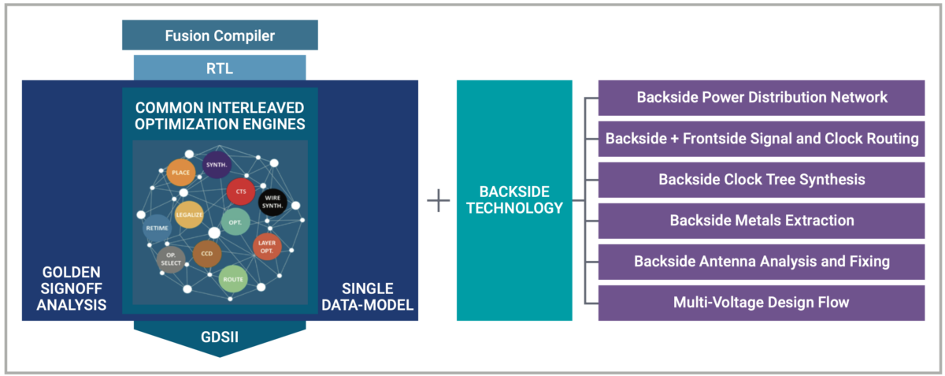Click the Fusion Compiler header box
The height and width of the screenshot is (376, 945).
click(x=220, y=35)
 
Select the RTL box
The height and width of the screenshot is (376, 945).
click(x=220, y=68)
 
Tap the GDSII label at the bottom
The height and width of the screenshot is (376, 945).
click(x=220, y=337)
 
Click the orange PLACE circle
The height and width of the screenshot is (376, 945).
click(x=180, y=171)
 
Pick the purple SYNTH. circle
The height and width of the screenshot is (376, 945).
click(x=217, y=165)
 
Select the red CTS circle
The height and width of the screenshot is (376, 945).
click(x=240, y=192)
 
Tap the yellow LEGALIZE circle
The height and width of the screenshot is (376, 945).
click(x=189, y=214)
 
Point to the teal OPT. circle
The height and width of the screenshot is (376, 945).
click(x=235, y=222)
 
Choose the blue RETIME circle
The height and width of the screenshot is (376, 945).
click(x=157, y=228)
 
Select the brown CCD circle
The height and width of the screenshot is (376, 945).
click(x=207, y=254)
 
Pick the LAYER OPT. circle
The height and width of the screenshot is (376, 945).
click(x=267, y=247)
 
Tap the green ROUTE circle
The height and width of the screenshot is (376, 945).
click(x=233, y=279)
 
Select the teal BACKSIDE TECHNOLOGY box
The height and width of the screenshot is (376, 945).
click(x=514, y=201)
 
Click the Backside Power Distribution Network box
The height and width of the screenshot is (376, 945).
click(x=762, y=98)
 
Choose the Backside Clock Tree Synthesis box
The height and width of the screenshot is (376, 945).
click(x=762, y=180)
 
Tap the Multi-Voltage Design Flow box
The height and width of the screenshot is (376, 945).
click(x=762, y=303)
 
